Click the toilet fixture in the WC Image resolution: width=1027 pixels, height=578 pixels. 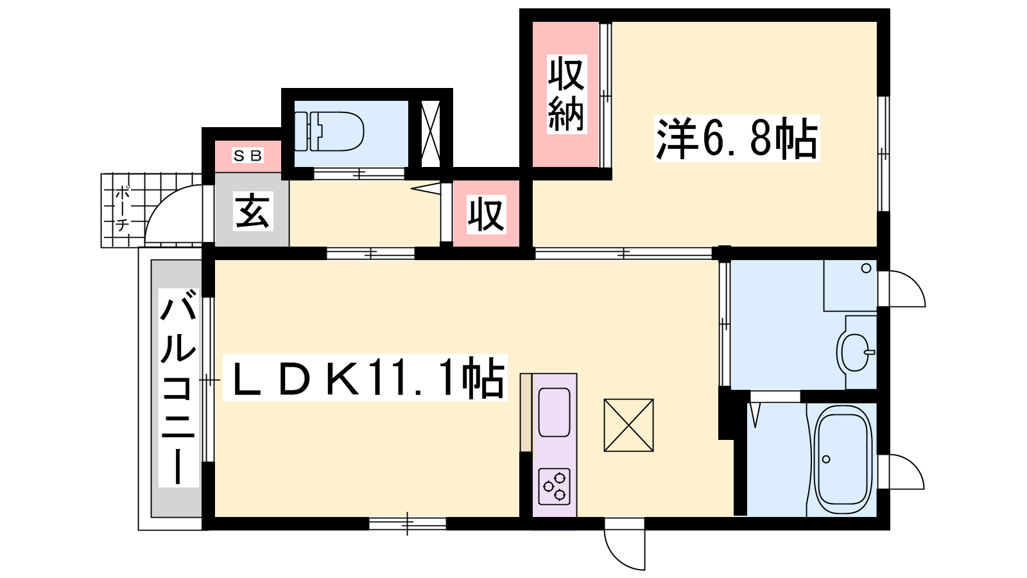329,131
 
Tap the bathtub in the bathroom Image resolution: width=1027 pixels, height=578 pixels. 843,460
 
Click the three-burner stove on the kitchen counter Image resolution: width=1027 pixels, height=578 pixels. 555,486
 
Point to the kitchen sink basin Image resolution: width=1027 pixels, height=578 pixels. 555,412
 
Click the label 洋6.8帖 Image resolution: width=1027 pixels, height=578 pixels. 737,138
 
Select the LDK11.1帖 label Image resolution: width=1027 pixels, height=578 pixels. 365,378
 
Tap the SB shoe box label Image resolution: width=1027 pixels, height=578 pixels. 248,156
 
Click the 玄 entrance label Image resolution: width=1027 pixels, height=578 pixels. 253,211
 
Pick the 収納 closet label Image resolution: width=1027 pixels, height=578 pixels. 567,94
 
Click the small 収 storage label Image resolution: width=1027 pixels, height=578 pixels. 486,215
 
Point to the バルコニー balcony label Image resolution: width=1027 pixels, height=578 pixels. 178,388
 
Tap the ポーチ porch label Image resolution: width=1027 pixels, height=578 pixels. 122,209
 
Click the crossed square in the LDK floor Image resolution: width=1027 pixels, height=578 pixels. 628,425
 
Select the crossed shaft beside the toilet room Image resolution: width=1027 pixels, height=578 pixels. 430,134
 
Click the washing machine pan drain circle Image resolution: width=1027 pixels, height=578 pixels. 866,268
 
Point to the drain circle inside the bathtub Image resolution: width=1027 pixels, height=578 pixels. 826,459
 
